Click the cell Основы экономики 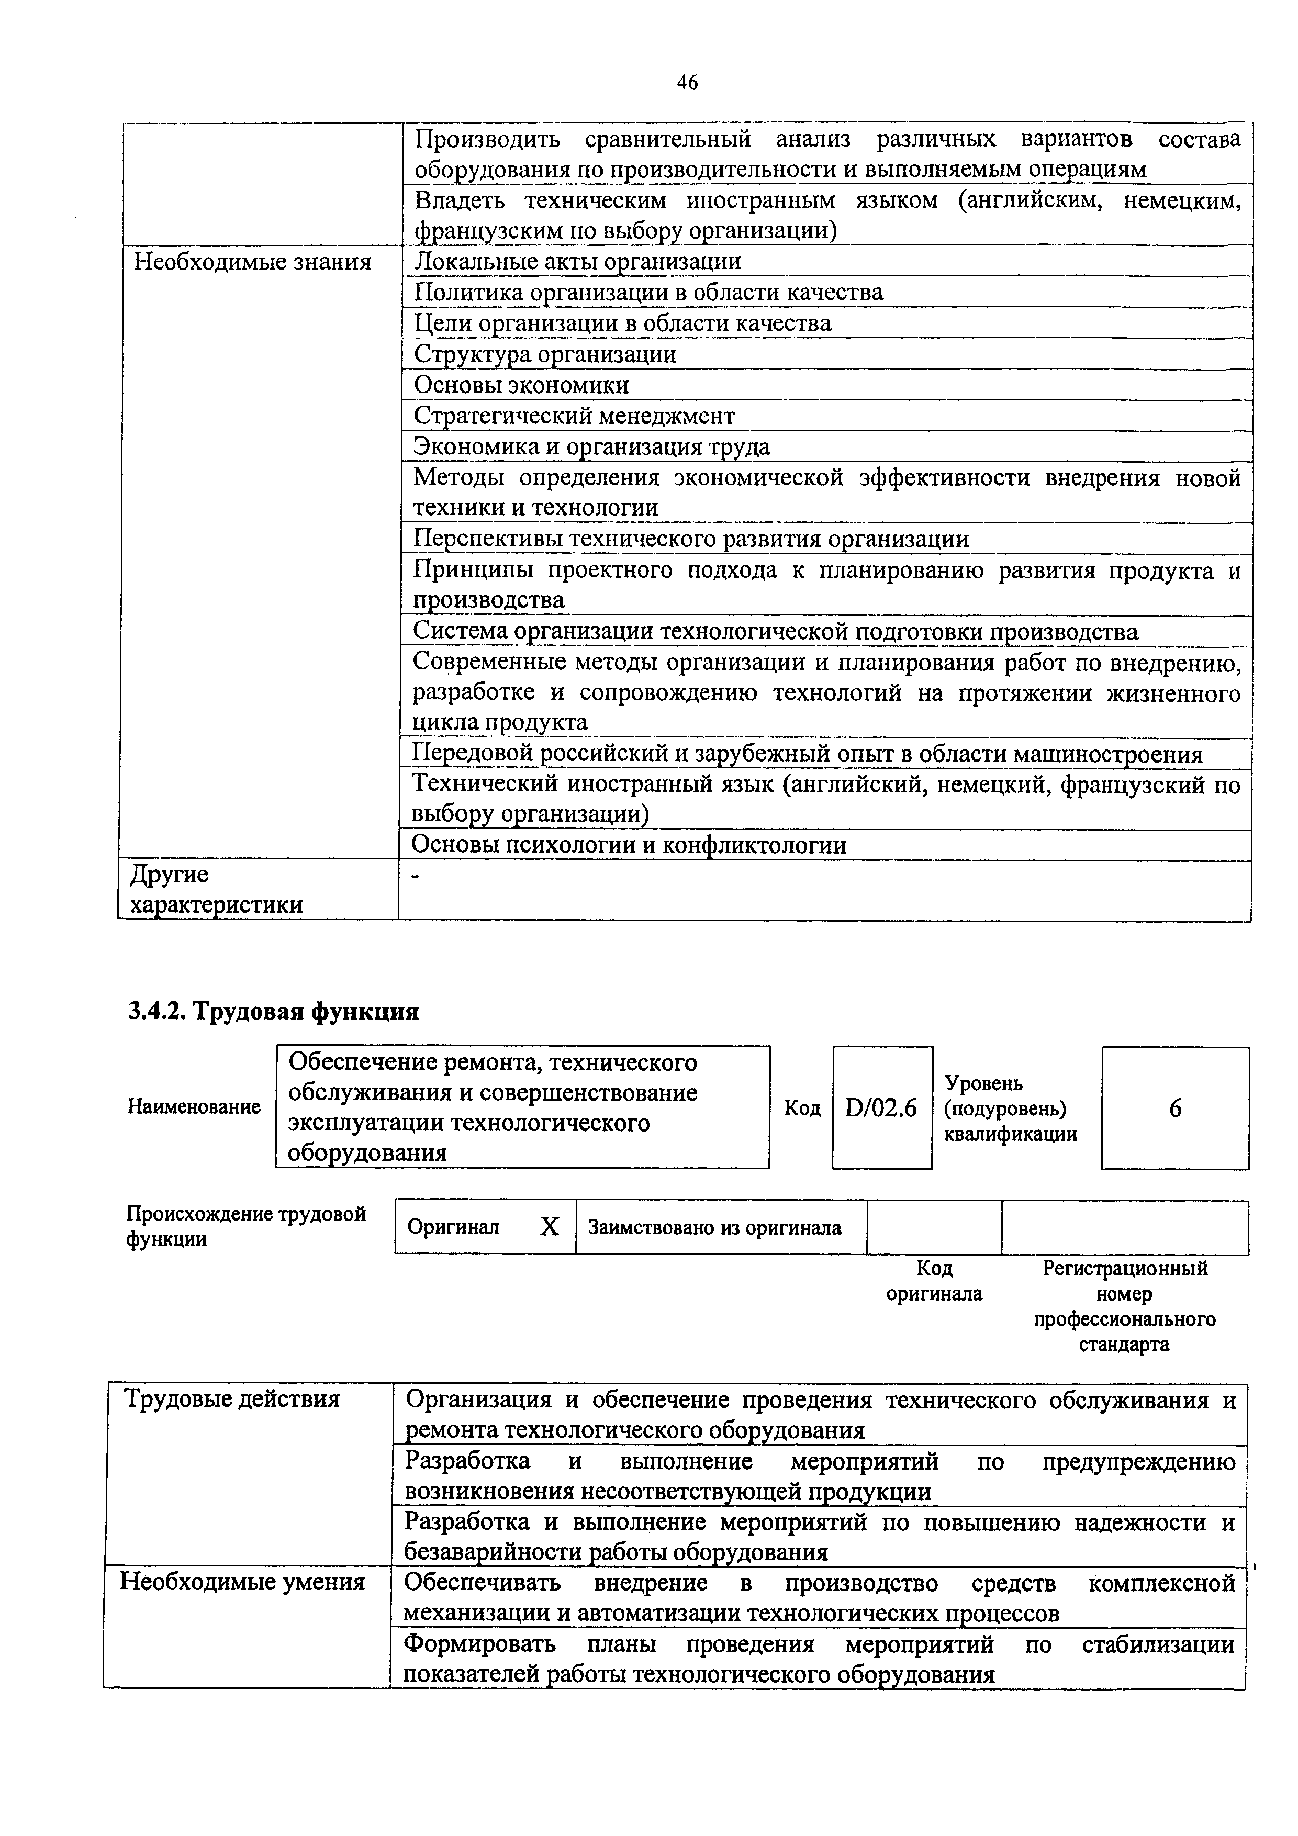pyautogui.click(x=521, y=385)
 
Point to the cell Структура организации pyautogui.click(x=545, y=354)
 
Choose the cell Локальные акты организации pyautogui.click(x=577, y=262)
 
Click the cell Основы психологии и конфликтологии pyautogui.click(x=629, y=845)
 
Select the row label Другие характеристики pyautogui.click(x=216, y=890)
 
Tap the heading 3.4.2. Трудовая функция pyautogui.click(x=274, y=1012)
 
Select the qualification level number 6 pyautogui.click(x=1175, y=1109)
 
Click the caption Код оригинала pyautogui.click(x=934, y=1281)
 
